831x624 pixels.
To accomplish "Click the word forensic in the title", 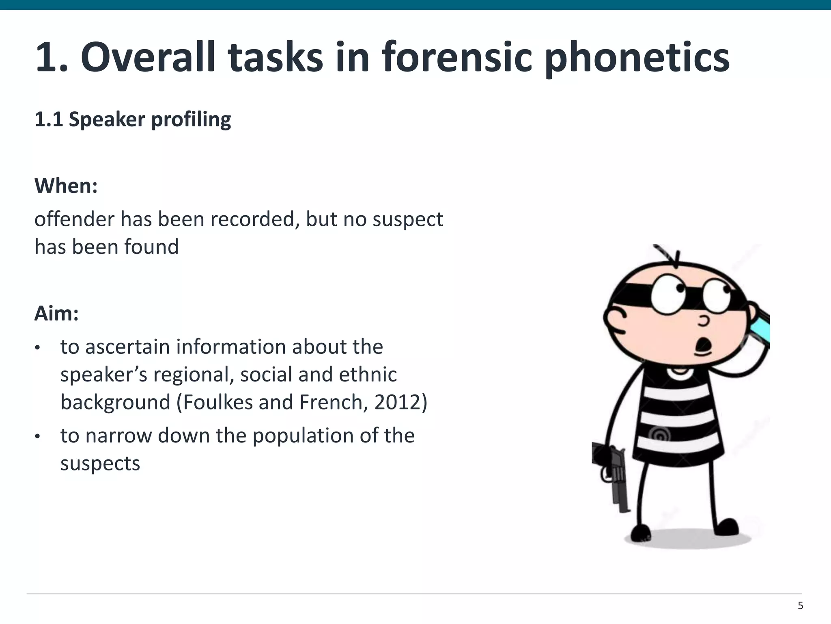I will [456, 58].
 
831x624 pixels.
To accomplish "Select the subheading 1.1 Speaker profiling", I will [133, 120].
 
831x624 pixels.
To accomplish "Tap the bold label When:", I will [66, 186].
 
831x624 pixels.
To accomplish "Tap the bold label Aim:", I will [56, 314].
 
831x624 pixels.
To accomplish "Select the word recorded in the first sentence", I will [253, 219].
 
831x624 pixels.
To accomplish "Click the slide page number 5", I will [800, 606].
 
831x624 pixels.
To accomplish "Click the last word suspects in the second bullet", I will [100, 464].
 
